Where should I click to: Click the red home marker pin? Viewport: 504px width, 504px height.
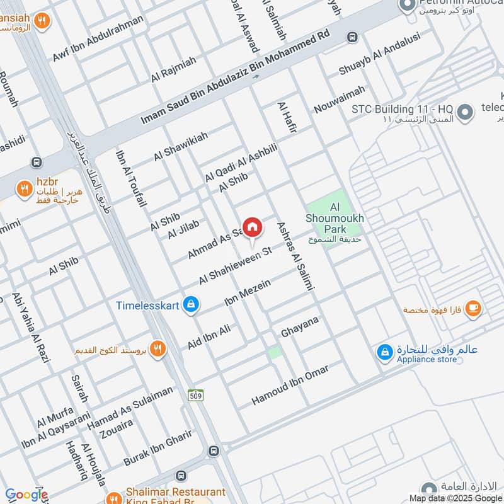(x=252, y=227)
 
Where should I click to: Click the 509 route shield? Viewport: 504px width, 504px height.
(x=195, y=395)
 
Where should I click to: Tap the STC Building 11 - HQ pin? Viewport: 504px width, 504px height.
(x=464, y=113)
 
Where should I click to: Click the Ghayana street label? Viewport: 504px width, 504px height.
(x=300, y=328)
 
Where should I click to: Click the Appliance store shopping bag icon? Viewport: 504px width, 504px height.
(x=384, y=353)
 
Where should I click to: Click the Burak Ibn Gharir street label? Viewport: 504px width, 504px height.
(x=157, y=451)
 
